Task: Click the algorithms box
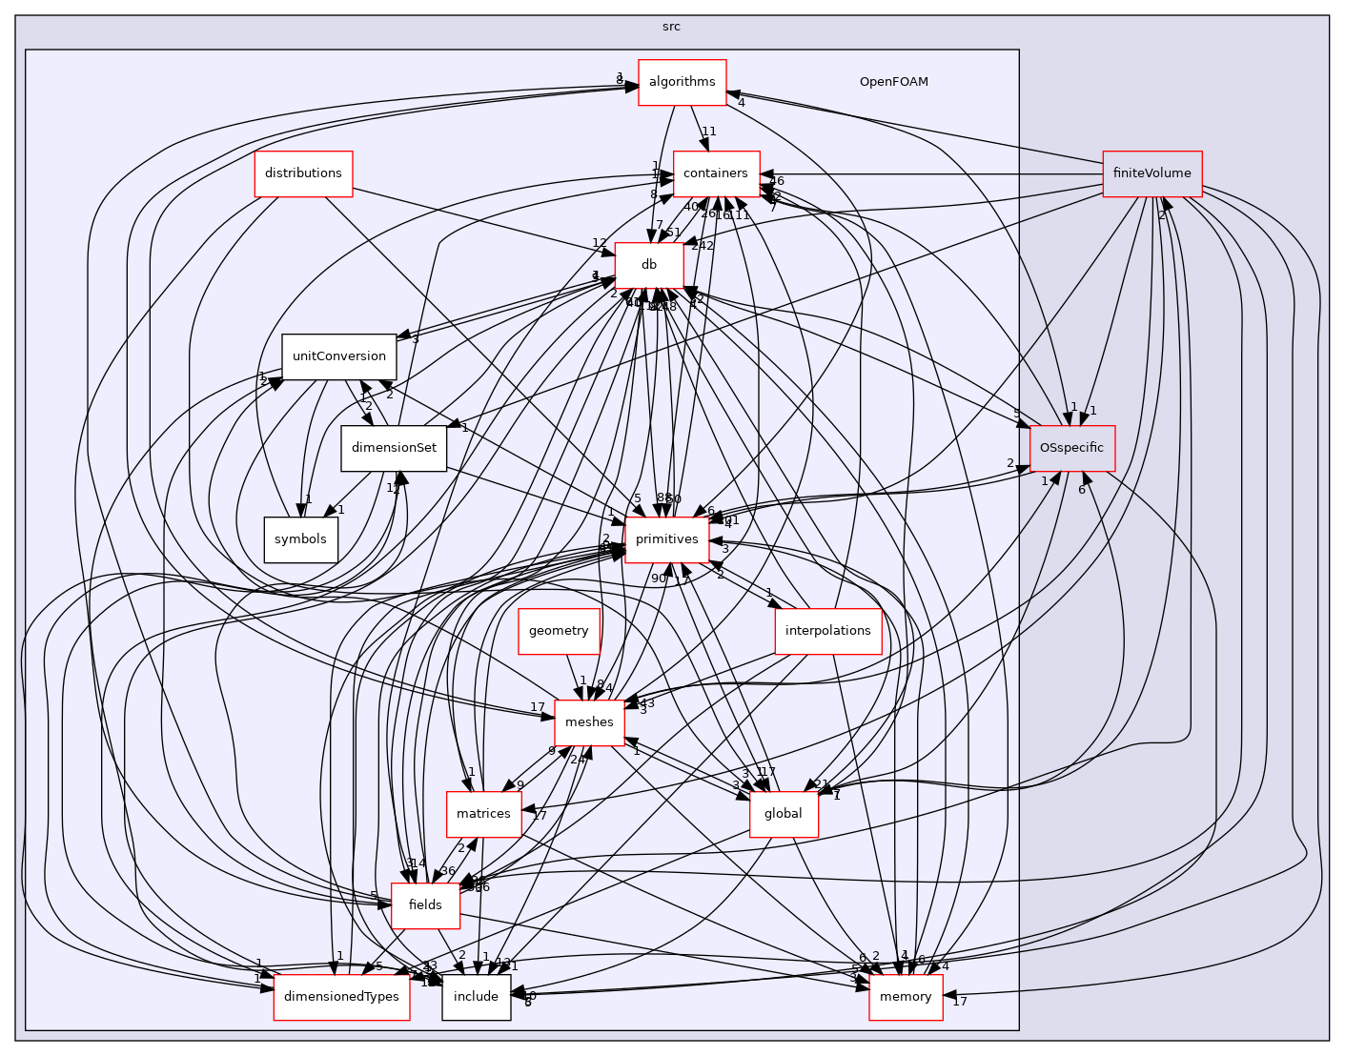tap(682, 82)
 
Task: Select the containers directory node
tap(716, 173)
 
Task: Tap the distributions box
tap(303, 173)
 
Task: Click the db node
tap(649, 265)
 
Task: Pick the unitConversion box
tap(338, 356)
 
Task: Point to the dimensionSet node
tap(394, 448)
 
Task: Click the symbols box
tap(300, 539)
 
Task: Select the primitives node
tap(666, 539)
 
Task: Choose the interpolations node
tap(827, 631)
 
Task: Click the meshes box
tap(589, 722)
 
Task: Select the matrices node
tap(483, 814)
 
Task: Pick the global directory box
tap(784, 814)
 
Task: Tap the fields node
tap(425, 905)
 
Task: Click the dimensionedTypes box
tap(341, 997)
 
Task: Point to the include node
tap(476, 997)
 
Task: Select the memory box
tap(906, 997)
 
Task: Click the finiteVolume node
tap(1151, 173)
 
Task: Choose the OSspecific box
tap(1071, 448)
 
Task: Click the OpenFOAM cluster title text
tap(893, 82)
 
